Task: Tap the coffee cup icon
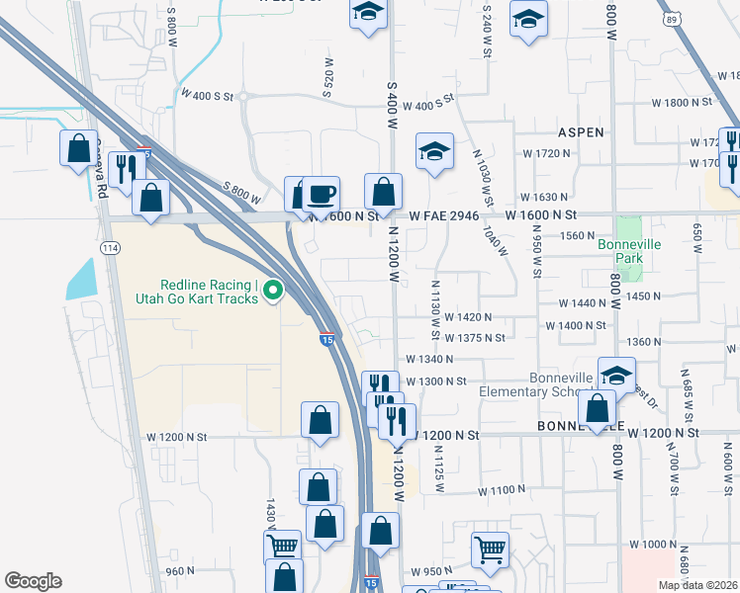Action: click(319, 194)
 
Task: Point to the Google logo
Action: click(33, 581)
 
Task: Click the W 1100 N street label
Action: click(502, 489)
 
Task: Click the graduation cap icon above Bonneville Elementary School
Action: click(616, 375)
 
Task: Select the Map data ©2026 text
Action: click(698, 585)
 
